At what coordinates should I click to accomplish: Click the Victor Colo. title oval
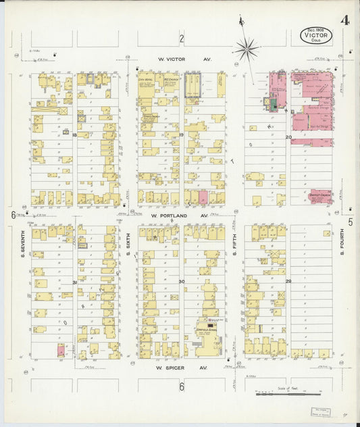[316, 34]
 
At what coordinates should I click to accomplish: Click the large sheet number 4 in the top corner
[345, 20]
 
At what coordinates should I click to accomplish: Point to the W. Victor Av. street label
[184, 59]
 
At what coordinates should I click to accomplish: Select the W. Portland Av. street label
[181, 216]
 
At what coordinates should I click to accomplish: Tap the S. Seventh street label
[22, 247]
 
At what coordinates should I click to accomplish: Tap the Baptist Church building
[319, 197]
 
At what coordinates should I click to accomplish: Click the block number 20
[288, 137]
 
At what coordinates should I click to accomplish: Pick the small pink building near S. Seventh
[61, 350]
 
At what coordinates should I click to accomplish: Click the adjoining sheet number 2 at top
[181, 38]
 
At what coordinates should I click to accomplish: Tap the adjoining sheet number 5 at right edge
[351, 221]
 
